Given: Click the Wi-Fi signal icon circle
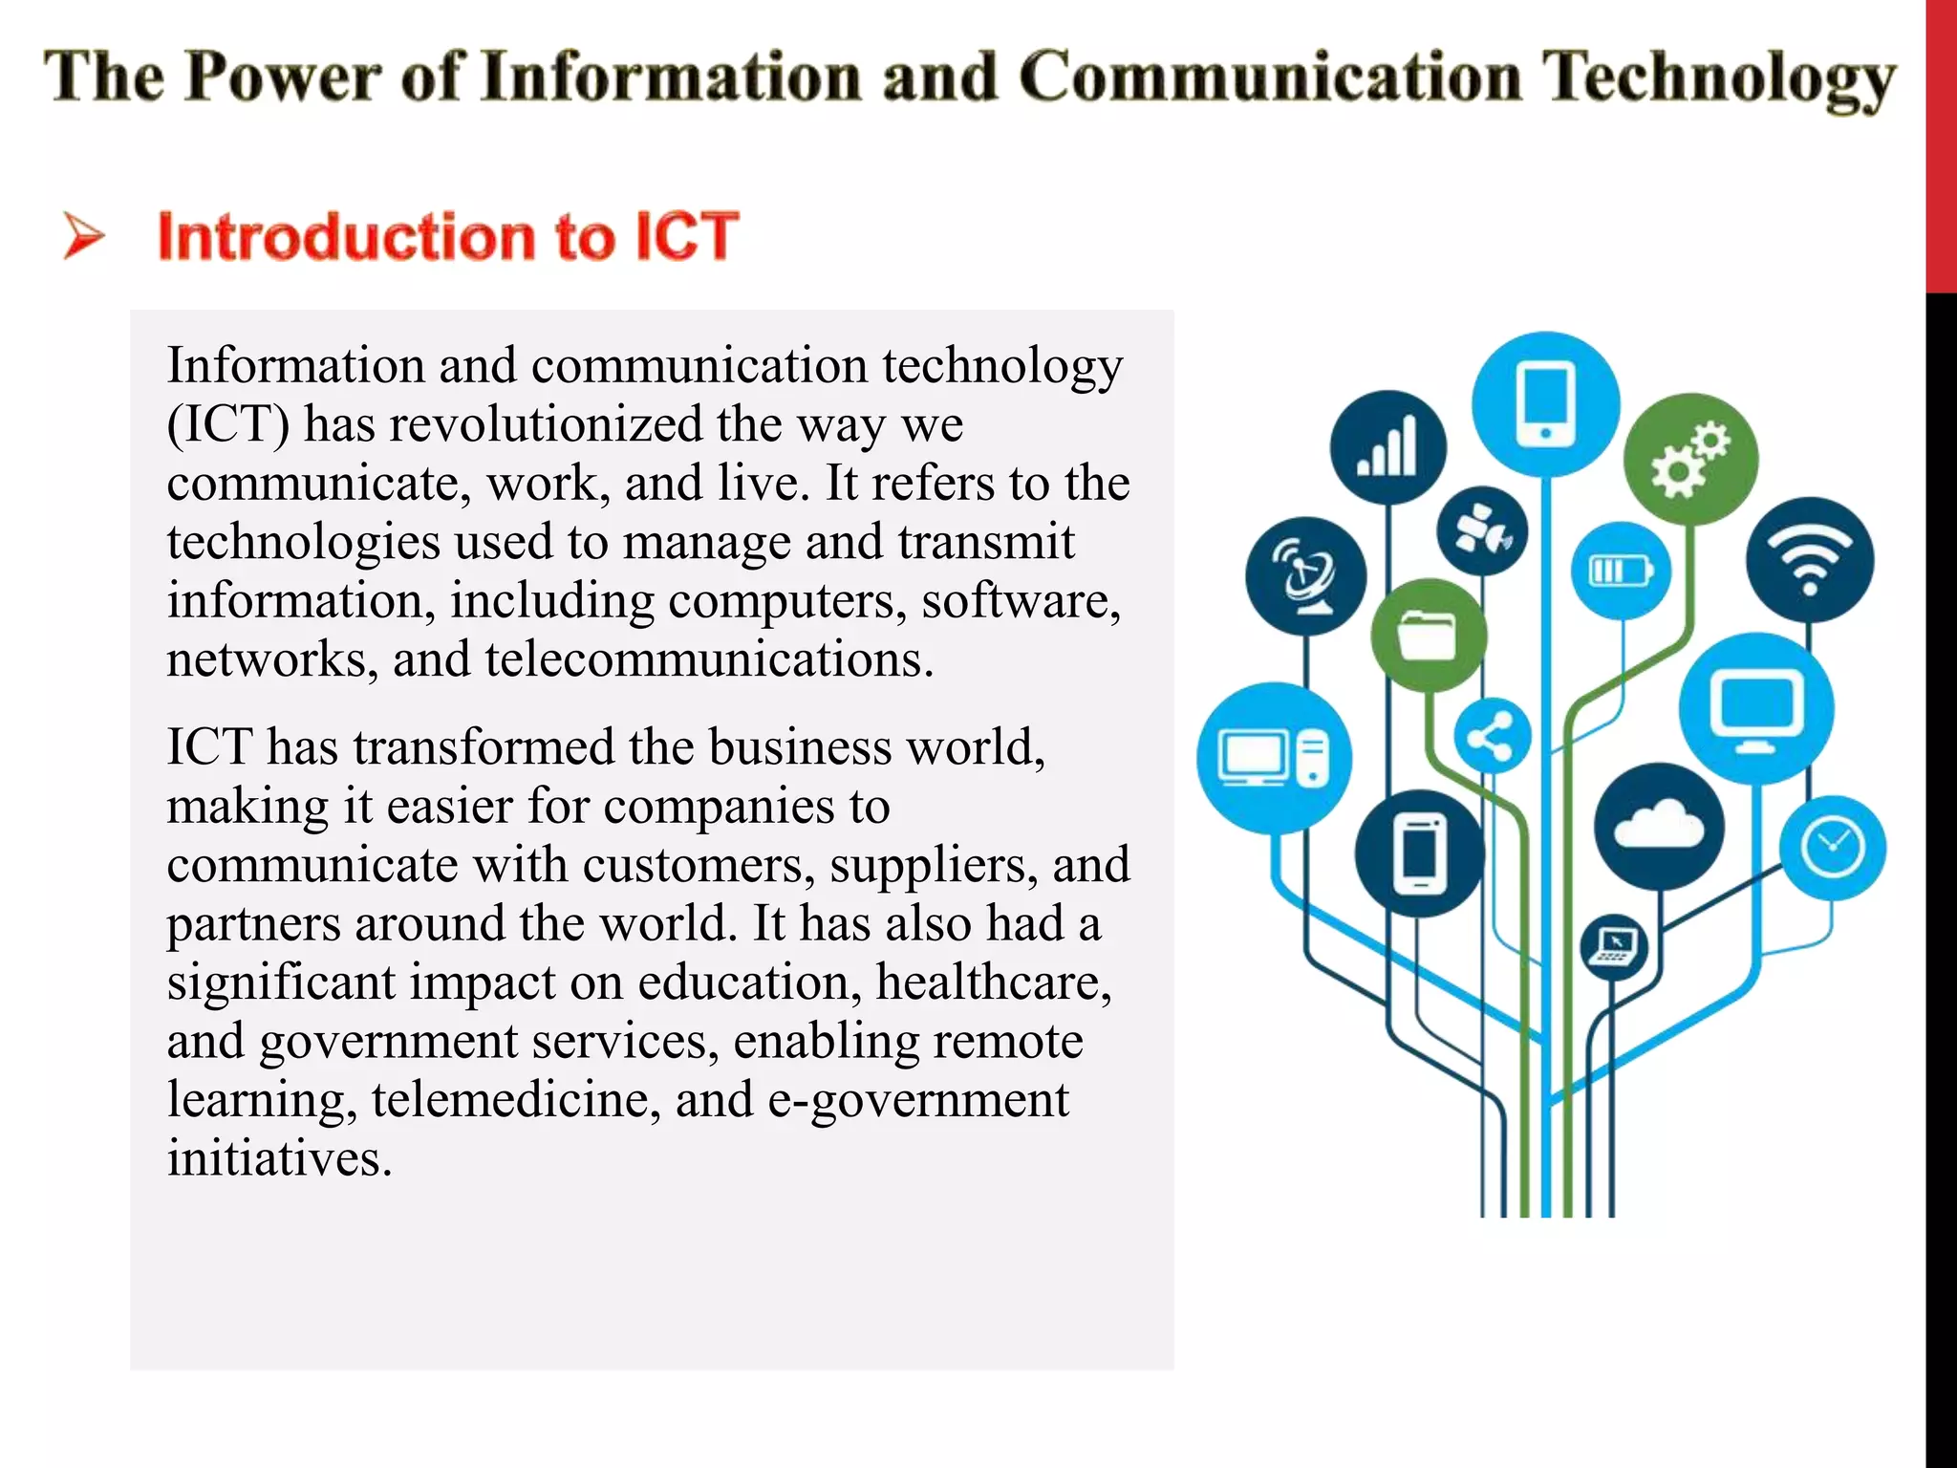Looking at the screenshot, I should (1810, 561).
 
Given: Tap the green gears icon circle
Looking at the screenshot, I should (1690, 460).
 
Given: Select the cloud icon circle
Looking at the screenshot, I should (1659, 827).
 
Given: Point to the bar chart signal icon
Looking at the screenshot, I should (1387, 447).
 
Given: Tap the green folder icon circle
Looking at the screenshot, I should (1428, 636).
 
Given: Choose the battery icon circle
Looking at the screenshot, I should (1621, 572).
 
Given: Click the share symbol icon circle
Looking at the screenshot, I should (1492, 737).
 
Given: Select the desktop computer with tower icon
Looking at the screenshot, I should (1275, 759).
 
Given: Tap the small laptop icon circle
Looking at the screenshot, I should (1614, 947).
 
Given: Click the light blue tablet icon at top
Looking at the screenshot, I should (1545, 404).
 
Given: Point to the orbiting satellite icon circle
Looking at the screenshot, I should (1482, 531).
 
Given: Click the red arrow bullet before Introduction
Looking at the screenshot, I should (84, 236).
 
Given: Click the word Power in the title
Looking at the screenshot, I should (283, 77).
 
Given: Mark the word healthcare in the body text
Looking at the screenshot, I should (994, 982).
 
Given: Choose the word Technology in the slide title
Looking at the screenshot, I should (1719, 79).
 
